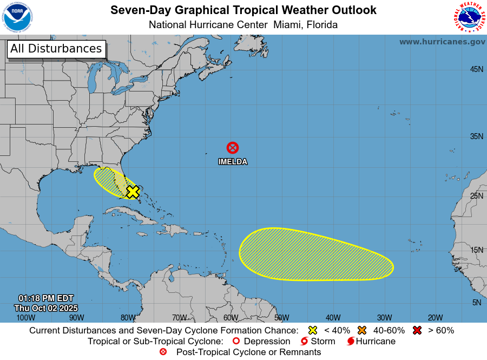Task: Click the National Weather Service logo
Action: point(468,17)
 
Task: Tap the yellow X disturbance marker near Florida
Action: point(133,192)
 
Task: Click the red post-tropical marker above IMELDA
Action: point(233,147)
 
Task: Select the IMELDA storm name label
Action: point(233,161)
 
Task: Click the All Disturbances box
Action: point(56,49)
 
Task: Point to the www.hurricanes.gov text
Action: point(442,42)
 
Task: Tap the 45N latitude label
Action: point(476,69)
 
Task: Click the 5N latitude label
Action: point(476,303)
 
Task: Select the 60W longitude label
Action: point(231,318)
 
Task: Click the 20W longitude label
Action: point(435,318)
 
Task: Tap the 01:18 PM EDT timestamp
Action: point(46,298)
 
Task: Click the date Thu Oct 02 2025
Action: point(46,308)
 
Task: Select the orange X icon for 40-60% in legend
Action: point(362,330)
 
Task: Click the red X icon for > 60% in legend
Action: point(417,330)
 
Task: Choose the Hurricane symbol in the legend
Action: point(351,342)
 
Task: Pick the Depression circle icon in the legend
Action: point(235,342)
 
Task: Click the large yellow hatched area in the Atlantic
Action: point(316,254)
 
